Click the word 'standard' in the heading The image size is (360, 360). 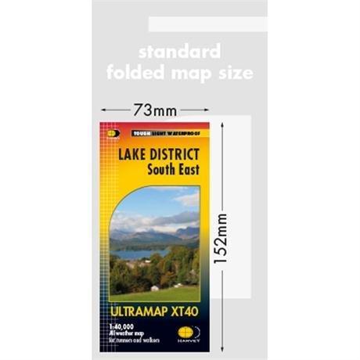coord(180,52)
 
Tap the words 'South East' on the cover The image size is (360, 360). coord(172,168)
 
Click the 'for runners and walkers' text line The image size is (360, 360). coord(127,342)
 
